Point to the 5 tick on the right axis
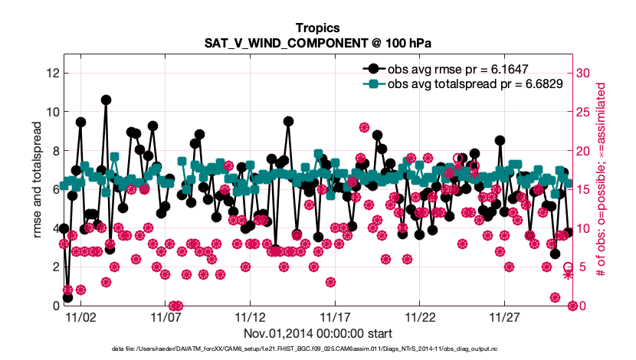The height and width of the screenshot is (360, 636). (x=581, y=267)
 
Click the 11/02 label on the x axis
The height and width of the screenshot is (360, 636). (x=80, y=316)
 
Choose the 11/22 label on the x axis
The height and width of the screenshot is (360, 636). (x=420, y=316)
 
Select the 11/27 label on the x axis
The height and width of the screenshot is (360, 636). (x=505, y=316)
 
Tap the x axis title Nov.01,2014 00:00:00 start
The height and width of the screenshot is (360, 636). (x=317, y=333)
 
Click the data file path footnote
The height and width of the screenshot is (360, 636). (x=317, y=349)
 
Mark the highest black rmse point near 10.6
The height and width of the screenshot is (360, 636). (x=106, y=100)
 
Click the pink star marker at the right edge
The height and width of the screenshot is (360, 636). (x=568, y=274)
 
